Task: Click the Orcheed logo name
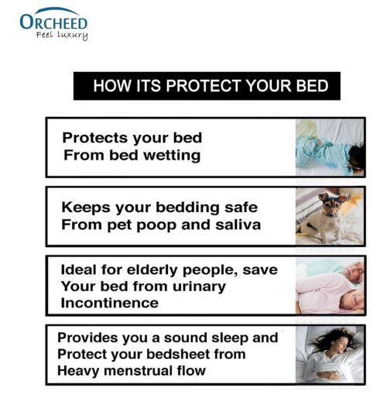click(x=53, y=22)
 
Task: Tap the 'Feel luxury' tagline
click(x=62, y=36)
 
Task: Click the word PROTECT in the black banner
click(x=204, y=86)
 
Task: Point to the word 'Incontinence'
click(x=109, y=303)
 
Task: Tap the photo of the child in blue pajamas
click(x=330, y=147)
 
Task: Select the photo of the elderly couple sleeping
click(x=330, y=286)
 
